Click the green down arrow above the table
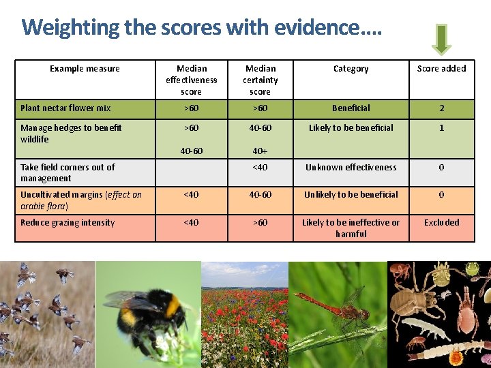pyautogui.click(x=441, y=39)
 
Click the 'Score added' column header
pyautogui.click(x=441, y=68)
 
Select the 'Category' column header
pyautogui.click(x=351, y=68)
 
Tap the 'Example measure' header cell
pyautogui.click(x=85, y=68)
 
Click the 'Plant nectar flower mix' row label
pyautogui.click(x=65, y=108)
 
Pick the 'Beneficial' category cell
pyautogui.click(x=351, y=108)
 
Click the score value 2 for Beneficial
pyautogui.click(x=441, y=108)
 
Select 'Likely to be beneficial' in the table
pyautogui.click(x=351, y=127)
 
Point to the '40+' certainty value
pyautogui.click(x=260, y=151)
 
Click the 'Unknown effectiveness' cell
pyautogui.click(x=351, y=167)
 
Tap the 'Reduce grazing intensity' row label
pyautogui.click(x=68, y=222)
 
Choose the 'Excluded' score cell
pyautogui.click(x=441, y=222)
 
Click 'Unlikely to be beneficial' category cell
pyautogui.click(x=351, y=194)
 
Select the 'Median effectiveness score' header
pyautogui.click(x=192, y=80)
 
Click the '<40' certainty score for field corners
pyautogui.click(x=260, y=167)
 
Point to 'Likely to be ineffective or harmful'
pyautogui.click(x=351, y=228)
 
